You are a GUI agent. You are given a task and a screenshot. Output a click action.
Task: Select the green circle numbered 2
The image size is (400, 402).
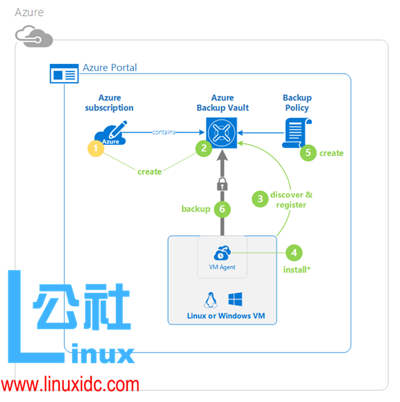point(203,148)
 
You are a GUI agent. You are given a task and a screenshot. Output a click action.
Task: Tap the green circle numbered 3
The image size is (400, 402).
point(260,199)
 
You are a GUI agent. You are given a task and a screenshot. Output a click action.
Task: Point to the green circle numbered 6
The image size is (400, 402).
point(222,209)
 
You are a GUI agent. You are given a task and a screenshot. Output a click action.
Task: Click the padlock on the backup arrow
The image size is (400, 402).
point(222,185)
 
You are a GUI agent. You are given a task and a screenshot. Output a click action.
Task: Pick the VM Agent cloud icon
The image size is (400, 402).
point(223,254)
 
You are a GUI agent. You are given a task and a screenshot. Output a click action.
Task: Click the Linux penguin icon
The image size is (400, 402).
point(210,299)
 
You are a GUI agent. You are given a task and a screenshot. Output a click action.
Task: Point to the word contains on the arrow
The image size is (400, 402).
point(164,131)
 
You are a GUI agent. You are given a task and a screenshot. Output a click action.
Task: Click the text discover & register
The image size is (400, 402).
point(292,199)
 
